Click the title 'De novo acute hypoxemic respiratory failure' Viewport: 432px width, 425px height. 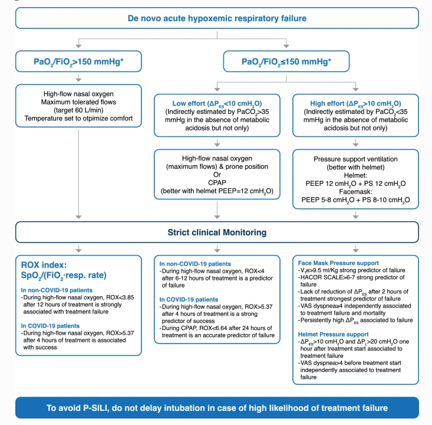pyautogui.click(x=216, y=18)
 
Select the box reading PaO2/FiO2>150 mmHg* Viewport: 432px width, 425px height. pyautogui.click(x=78, y=61)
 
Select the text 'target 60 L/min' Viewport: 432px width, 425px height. pyautogui.click(x=78, y=110)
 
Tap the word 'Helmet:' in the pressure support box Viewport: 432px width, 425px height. pyautogui.click(x=355, y=174)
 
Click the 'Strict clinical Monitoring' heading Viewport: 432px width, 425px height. pyautogui.click(x=216, y=233)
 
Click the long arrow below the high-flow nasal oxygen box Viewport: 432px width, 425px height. pyautogui.click(x=78, y=171)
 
